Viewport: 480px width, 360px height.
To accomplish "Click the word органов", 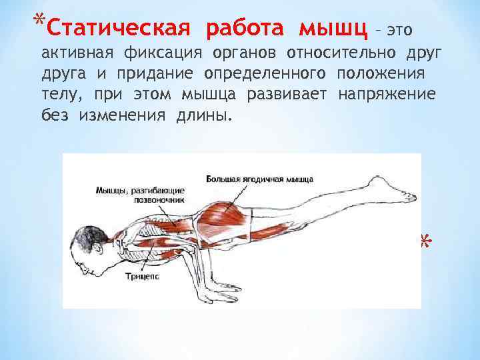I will point(244,53).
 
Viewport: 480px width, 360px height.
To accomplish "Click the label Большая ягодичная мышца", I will point(259,179).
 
